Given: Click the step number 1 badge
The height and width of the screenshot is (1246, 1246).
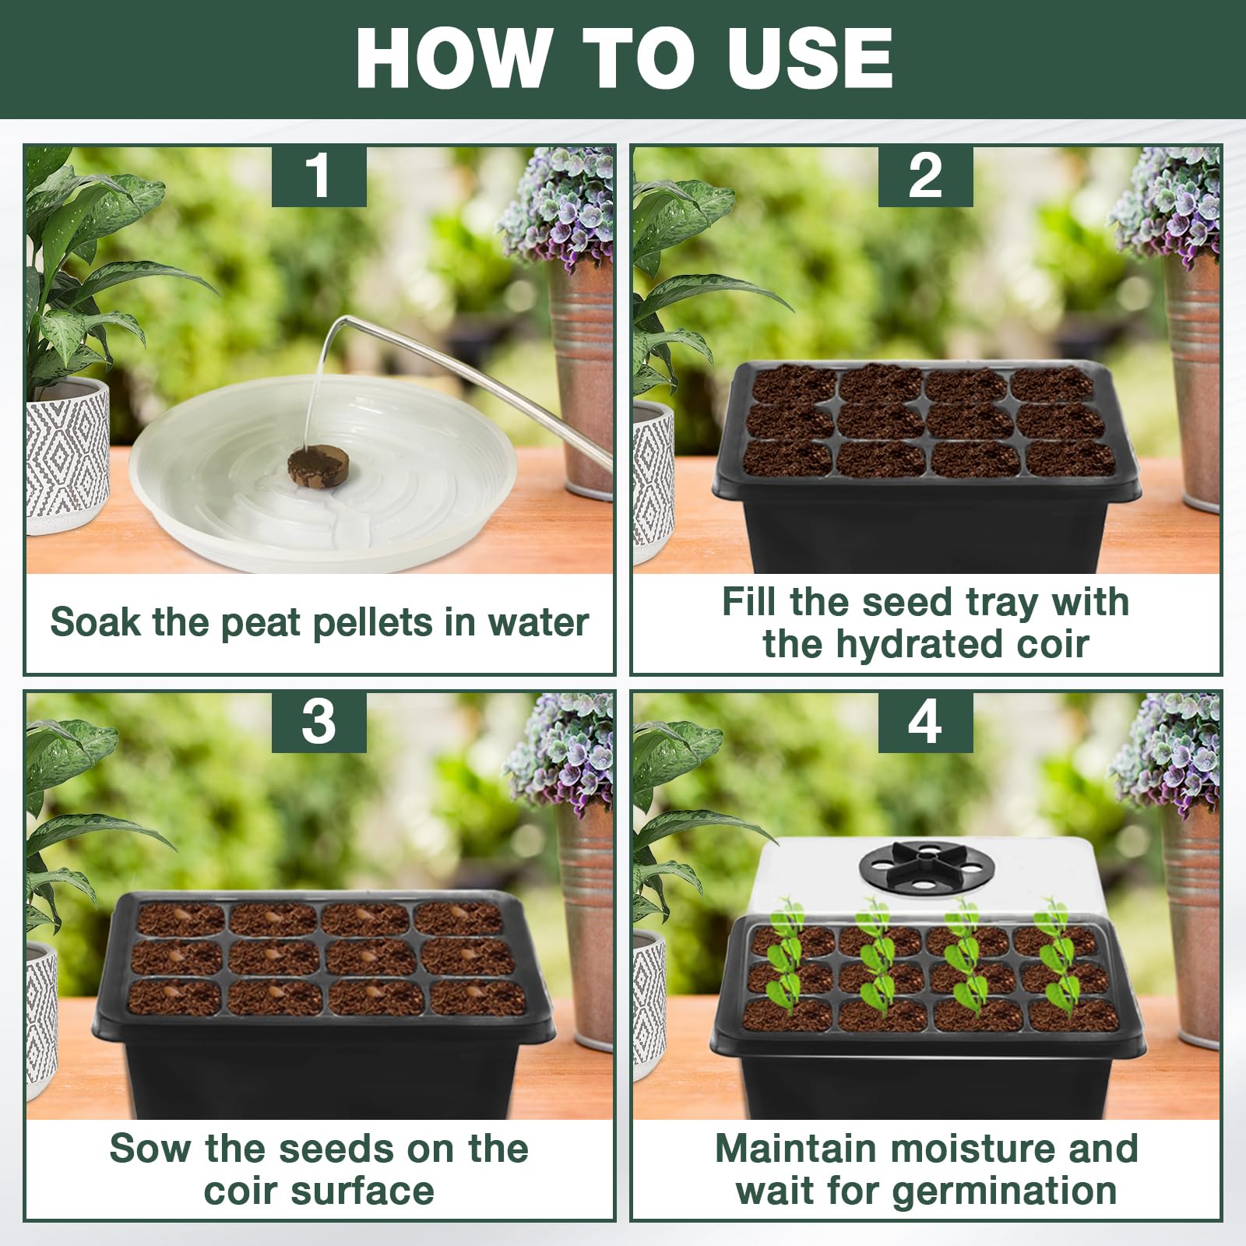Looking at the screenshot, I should tap(319, 176).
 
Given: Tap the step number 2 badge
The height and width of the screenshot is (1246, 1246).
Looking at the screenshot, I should tap(925, 176).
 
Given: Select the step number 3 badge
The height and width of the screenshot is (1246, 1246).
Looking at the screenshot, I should tap(319, 722).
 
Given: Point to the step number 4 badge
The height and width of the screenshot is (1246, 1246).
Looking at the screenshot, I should tap(925, 722).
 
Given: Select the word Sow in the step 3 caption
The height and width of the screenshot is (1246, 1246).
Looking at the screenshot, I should tap(150, 1149).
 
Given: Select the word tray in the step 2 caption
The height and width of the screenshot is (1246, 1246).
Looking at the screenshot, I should tap(1001, 603).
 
